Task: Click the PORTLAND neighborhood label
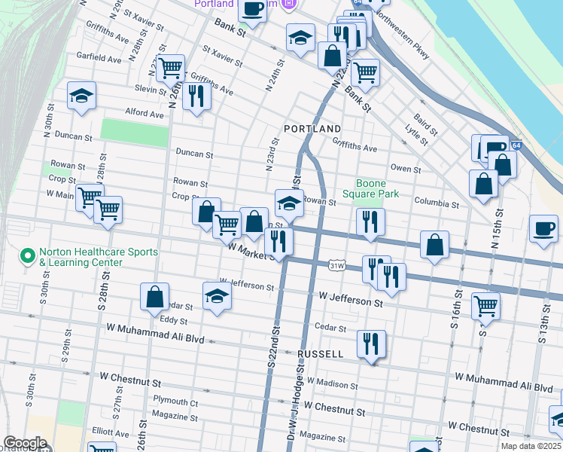[x=312, y=129]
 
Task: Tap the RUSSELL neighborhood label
[x=321, y=353]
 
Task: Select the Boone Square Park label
[x=370, y=188]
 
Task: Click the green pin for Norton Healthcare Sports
[x=29, y=257]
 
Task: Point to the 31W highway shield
[x=337, y=265]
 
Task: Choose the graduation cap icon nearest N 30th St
[x=81, y=96]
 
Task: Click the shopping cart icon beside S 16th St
[x=485, y=306]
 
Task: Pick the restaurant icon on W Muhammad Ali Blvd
[x=371, y=344]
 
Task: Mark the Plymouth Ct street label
[x=175, y=402]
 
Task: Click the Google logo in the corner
[x=25, y=443]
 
